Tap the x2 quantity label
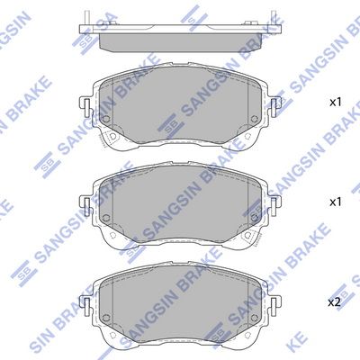(333, 300)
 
